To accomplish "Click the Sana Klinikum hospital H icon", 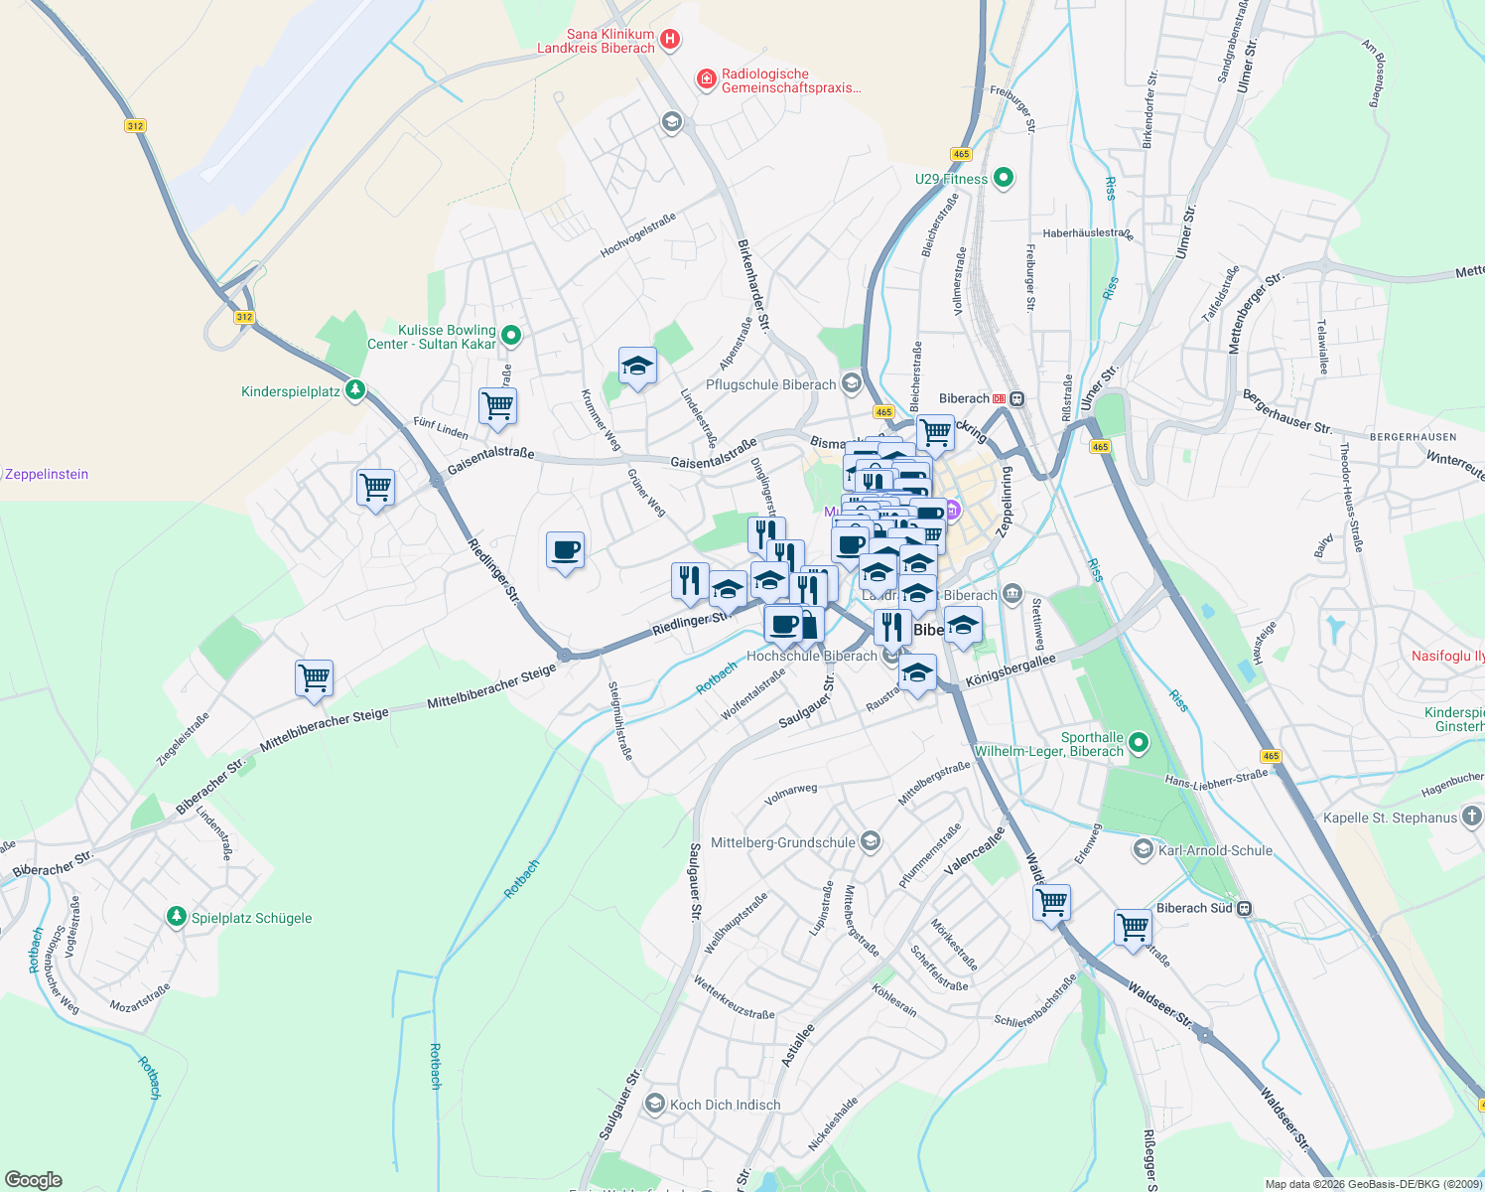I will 670,40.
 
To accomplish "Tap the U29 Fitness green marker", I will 1003,179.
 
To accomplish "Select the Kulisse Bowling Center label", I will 432,337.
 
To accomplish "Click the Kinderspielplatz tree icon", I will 355,391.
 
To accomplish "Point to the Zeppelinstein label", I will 47,475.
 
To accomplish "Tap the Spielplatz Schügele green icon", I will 177,917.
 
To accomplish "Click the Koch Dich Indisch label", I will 725,1105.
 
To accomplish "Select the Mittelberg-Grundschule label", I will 782,842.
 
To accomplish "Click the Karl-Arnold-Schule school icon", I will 1143,850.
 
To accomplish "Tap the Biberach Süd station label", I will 1194,908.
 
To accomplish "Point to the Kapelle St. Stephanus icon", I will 1471,818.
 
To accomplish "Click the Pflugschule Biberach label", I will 770,384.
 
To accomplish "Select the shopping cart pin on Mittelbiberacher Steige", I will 314,678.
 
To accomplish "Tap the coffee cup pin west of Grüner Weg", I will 565,550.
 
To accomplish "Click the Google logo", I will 34,1179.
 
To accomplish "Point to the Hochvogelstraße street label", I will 637,235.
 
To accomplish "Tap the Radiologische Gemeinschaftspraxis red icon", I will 706,78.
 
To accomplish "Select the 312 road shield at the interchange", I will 244,317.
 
